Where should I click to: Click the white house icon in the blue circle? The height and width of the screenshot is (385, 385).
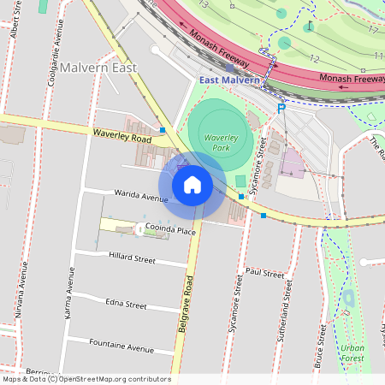pos(192,185)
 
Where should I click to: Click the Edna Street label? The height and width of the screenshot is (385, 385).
pos(126,304)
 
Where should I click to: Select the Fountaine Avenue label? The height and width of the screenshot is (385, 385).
pos(121,347)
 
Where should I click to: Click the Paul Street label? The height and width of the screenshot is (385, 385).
pos(264,274)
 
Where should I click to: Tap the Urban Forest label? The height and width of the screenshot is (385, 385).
pos(352,352)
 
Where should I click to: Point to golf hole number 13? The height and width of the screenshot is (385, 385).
pos(204,4)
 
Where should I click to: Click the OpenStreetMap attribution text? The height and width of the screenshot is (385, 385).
pos(86,379)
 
